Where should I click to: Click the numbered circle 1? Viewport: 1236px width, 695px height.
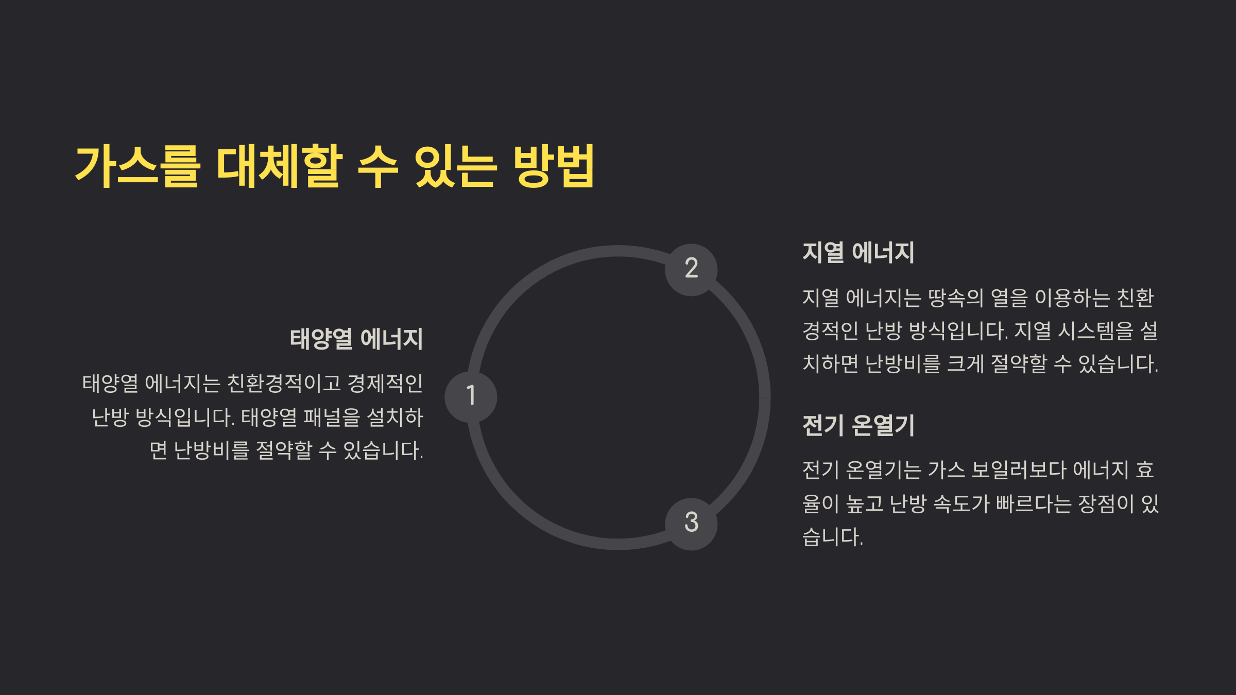471,397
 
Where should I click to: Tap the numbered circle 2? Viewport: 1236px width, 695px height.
691,269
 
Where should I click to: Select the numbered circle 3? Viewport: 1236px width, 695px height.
691,524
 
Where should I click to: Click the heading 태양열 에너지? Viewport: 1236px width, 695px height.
356,339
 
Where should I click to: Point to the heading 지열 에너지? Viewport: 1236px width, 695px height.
858,253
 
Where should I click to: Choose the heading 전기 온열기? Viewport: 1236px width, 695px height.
858,426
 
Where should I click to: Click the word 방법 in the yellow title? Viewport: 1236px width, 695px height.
554,166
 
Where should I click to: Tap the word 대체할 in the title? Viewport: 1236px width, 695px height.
279,166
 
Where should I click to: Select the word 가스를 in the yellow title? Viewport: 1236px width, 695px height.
137,166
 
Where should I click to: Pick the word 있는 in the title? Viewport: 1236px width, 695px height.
455,166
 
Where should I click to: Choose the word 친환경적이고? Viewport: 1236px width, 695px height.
284,384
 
